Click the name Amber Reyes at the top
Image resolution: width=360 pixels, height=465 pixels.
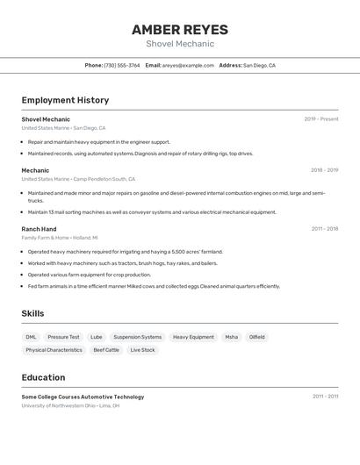pyautogui.click(x=179, y=30)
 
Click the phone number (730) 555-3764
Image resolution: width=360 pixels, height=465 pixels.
pyautogui.click(x=121, y=65)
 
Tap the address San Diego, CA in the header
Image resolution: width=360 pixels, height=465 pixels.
pyautogui.click(x=259, y=65)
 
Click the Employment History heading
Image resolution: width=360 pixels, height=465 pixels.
pyautogui.click(x=65, y=100)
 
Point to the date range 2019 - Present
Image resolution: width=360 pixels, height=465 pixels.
pyautogui.click(x=320, y=119)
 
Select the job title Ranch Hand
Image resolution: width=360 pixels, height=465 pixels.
pyautogui.click(x=39, y=229)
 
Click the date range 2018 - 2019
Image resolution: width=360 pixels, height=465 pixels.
pyautogui.click(x=323, y=170)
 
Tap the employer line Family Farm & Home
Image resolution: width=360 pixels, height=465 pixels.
pyautogui.click(x=60, y=238)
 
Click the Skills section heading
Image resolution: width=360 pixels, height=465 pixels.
pyautogui.click(x=32, y=313)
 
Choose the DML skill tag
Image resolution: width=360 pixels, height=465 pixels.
pyautogui.click(x=31, y=337)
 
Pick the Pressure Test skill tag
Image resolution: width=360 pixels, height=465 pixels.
pyautogui.click(x=63, y=337)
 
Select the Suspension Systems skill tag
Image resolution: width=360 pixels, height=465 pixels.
pyautogui.click(x=137, y=337)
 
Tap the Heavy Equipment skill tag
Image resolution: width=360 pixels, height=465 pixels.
pyautogui.click(x=193, y=337)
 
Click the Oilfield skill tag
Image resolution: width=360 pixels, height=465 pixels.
pyautogui.click(x=256, y=337)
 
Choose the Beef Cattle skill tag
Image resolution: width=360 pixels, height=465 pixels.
pyautogui.click(x=106, y=350)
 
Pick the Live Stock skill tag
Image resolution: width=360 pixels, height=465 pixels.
pyautogui.click(x=142, y=350)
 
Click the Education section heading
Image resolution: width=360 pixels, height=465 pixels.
pyautogui.click(x=43, y=377)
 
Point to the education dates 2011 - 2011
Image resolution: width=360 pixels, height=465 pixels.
pyautogui.click(x=325, y=397)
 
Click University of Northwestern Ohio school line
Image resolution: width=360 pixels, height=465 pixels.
pyautogui.click(x=70, y=406)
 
